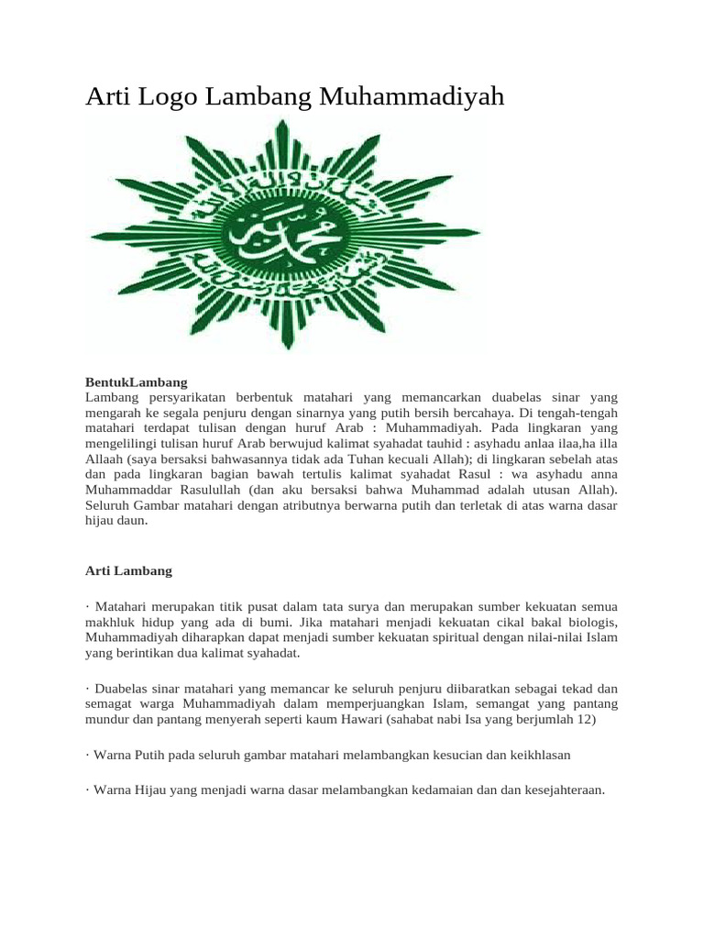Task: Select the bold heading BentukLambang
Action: click(136, 381)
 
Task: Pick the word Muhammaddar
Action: click(125, 490)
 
